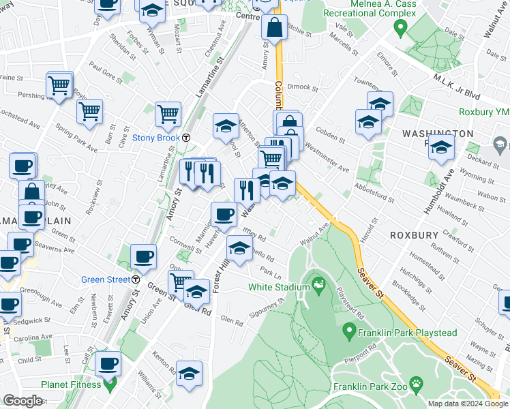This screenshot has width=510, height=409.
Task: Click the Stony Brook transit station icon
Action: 185,138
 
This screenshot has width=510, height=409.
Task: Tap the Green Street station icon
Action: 136,279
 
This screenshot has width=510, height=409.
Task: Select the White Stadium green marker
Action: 317,282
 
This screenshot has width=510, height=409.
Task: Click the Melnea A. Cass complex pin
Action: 400,29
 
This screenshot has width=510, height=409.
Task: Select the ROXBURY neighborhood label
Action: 414,234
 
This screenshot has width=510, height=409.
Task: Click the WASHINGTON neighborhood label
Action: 436,134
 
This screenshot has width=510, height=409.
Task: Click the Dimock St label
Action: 303,87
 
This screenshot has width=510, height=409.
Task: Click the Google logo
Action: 22,401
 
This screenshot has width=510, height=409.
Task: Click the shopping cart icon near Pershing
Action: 59,86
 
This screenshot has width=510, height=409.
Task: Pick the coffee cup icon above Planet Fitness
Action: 108,364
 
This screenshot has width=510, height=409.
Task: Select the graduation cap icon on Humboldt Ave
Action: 441,147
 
